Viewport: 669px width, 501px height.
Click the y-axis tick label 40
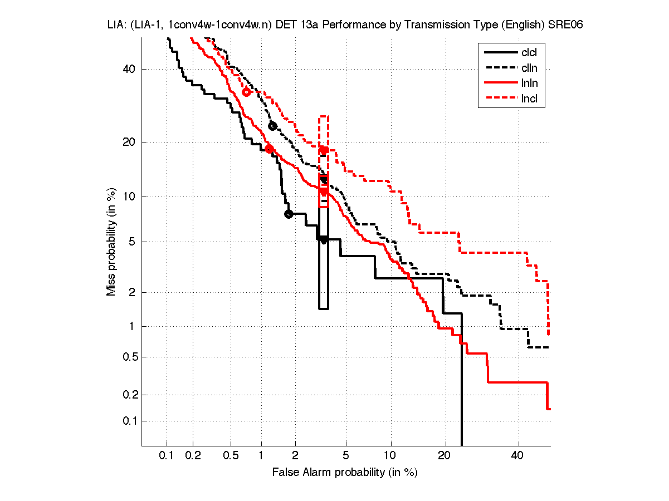click(129, 69)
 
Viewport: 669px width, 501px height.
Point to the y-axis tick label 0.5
click(127, 357)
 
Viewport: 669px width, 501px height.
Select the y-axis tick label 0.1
click(127, 421)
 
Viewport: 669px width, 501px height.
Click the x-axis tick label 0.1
click(167, 456)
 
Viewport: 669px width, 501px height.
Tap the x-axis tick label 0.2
click(193, 456)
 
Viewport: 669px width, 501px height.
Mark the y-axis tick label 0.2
click(127, 395)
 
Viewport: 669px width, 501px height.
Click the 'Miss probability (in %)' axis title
click(112, 242)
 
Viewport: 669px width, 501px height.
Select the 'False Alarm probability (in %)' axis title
click(345, 473)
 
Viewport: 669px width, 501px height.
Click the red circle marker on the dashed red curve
click(246, 92)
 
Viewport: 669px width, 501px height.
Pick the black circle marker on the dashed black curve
click(272, 126)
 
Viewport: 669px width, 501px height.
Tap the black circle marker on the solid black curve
click(289, 214)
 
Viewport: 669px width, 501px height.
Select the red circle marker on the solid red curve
click(269, 149)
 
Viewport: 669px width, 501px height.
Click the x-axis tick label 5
click(346, 456)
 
